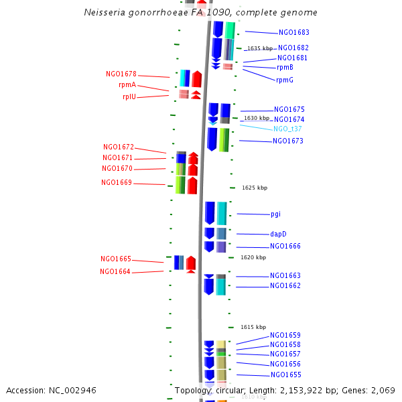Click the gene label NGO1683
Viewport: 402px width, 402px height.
tap(293, 32)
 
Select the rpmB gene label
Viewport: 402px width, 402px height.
tap(285, 67)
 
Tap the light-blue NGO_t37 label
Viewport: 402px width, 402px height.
tap(287, 129)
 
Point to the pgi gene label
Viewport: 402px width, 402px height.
tap(275, 214)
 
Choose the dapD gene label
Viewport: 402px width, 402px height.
tap(278, 234)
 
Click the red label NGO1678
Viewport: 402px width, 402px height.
tap(121, 74)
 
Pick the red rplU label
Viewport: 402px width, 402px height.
tap(129, 96)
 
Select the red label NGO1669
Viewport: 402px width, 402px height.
tap(117, 182)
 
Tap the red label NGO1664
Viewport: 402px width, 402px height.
tap(115, 271)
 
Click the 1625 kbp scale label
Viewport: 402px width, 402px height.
tap(255, 188)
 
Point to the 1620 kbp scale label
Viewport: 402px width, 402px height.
tap(253, 257)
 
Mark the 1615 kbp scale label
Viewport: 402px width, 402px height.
tap(253, 327)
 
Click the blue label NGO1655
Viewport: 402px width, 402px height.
tap(285, 375)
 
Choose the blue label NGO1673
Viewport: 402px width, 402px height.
tap(288, 141)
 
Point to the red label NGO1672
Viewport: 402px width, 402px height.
tap(119, 147)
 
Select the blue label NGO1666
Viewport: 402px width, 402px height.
tap(285, 246)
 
